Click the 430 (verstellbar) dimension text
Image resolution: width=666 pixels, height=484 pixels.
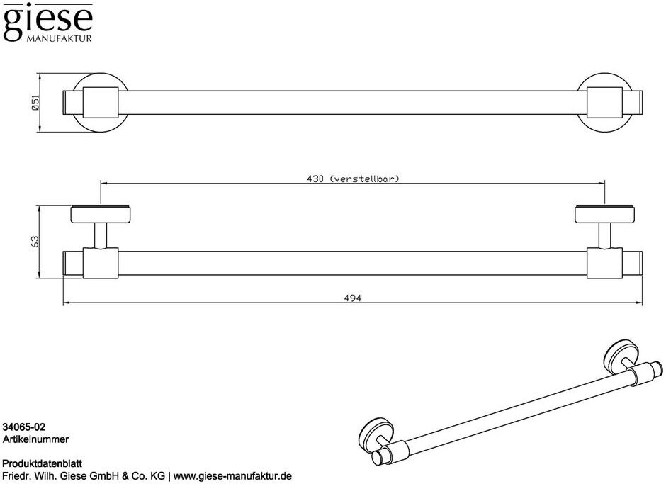click(x=353, y=179)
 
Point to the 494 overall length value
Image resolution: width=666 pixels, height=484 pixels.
click(x=353, y=298)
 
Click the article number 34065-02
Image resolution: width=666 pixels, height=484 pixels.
click(x=24, y=427)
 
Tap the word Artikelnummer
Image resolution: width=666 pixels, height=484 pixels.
click(x=35, y=439)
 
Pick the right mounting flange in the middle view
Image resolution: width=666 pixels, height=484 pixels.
click(x=604, y=213)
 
